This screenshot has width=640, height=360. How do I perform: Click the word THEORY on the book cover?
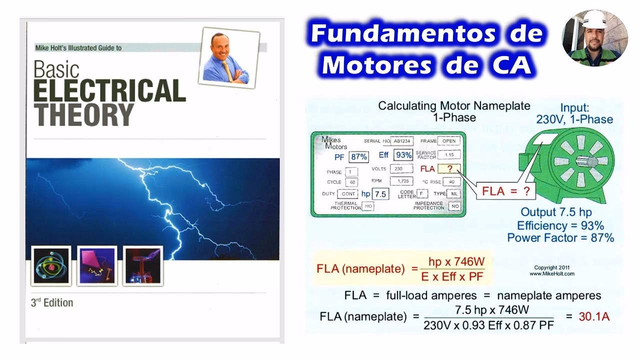point(84,114)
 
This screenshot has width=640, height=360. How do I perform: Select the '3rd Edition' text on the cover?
point(52,303)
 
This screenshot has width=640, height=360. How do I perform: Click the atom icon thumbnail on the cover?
point(50,266)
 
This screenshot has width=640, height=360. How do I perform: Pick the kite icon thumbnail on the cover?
point(97,266)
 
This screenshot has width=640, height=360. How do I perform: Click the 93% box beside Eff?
point(403,155)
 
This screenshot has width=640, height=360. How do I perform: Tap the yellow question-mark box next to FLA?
point(449,169)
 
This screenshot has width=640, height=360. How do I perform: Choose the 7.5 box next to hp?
point(380,194)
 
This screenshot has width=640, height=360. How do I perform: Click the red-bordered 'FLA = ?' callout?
point(505,191)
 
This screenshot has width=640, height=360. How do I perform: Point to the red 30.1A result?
point(594,316)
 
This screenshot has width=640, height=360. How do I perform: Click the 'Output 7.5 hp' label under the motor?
point(556,212)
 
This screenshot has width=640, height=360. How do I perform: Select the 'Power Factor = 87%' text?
point(560,238)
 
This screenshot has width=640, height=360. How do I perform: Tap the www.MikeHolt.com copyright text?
point(552,274)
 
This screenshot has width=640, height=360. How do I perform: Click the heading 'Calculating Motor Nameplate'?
point(454,106)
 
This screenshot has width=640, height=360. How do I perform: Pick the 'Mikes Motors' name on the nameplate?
point(334,143)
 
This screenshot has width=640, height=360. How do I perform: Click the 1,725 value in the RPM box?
point(401,181)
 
